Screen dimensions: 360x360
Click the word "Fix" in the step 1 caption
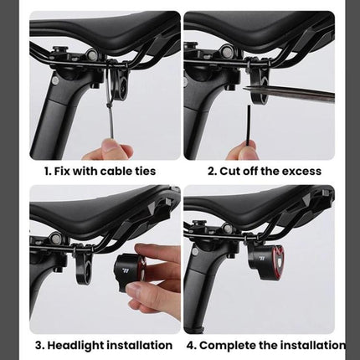(x=69, y=171)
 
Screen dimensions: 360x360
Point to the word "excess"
(x=298, y=171)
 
